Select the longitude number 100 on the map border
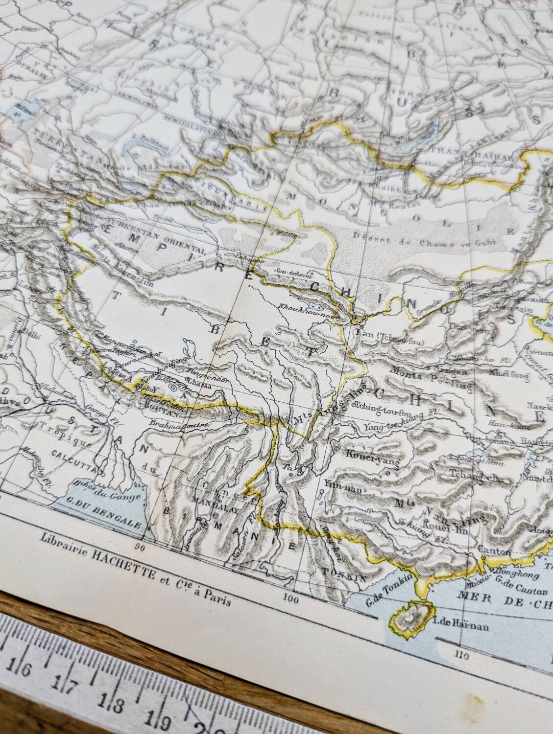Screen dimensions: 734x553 (x=293, y=597)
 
